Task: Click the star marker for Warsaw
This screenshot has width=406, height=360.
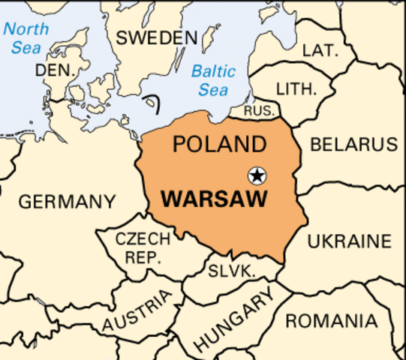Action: (257, 175)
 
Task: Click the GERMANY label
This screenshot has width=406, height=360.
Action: (68, 202)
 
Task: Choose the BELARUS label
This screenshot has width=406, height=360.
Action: (353, 144)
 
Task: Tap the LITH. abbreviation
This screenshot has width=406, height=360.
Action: (296, 88)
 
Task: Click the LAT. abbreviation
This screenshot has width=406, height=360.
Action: (320, 50)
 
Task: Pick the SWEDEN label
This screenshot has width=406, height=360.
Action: (157, 37)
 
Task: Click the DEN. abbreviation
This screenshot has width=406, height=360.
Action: (51, 70)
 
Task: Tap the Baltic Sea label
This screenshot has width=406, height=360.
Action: (214, 81)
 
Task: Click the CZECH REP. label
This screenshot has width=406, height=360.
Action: (143, 248)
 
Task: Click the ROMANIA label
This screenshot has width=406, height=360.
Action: (331, 321)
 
